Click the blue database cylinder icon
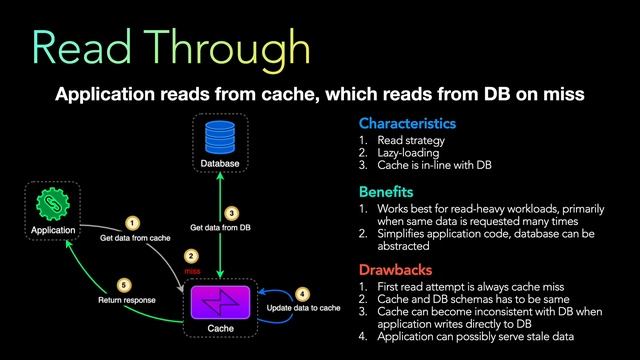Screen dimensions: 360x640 [219, 136]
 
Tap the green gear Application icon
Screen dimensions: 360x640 [52, 205]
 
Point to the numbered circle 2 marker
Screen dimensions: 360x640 [192, 256]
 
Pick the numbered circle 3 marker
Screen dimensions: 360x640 [232, 213]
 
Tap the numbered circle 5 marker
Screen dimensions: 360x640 [124, 283]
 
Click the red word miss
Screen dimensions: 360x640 [192, 271]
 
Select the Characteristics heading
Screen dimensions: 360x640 [407, 124]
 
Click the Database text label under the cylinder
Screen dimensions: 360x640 [219, 162]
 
